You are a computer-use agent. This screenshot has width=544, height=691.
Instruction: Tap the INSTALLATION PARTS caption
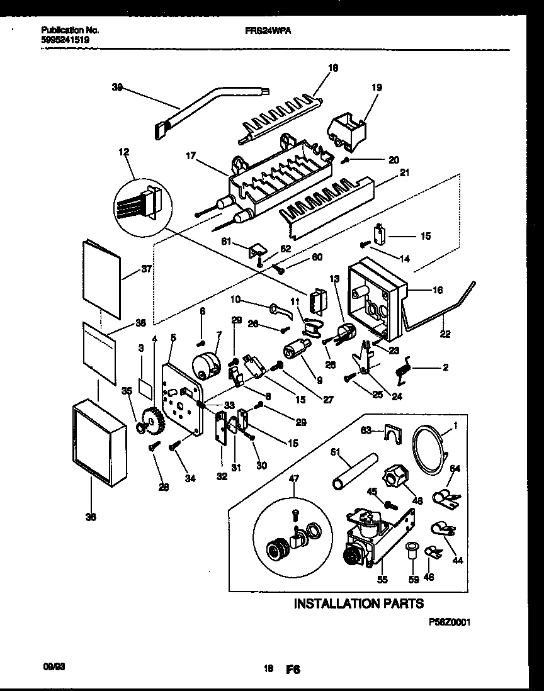(359, 604)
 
